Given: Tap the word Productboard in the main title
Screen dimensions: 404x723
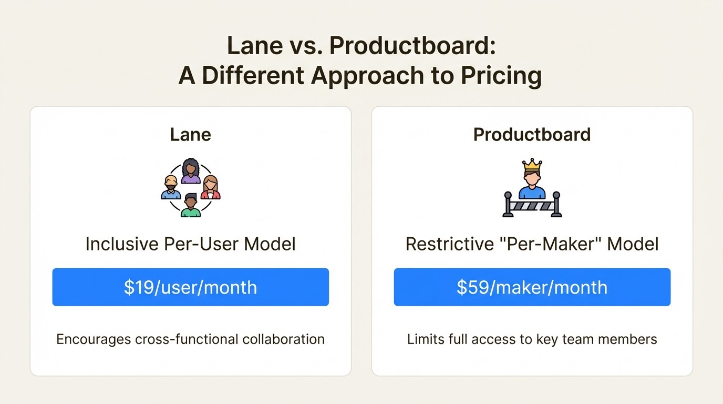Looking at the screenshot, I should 412,47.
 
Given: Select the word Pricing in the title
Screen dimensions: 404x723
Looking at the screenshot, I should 501,76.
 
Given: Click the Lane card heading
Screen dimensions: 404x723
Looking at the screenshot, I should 190,135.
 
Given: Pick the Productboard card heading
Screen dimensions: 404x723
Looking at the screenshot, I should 532,135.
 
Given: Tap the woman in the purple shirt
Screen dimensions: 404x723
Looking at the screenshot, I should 191,171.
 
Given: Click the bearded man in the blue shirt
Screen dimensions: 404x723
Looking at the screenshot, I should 171,188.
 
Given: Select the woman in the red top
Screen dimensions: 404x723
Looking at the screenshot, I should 210,188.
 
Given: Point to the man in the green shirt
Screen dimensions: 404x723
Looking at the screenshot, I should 191,205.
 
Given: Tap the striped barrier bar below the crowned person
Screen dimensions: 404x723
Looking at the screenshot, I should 532,206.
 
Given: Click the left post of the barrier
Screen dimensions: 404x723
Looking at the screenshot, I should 508,205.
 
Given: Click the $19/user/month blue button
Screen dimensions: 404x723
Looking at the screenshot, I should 190,287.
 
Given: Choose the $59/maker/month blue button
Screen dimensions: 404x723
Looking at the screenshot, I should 532,287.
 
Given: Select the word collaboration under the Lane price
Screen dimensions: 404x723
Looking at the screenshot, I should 283,339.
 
